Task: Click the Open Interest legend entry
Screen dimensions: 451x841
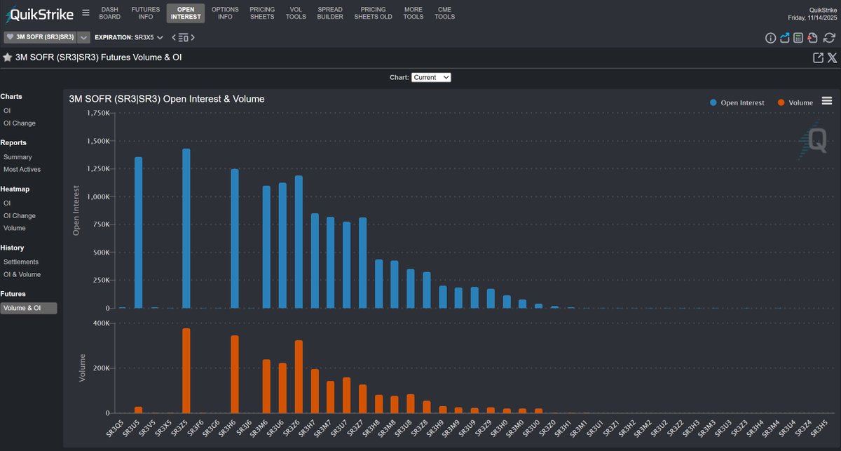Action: (x=737, y=102)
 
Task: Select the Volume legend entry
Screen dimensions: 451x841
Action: (x=795, y=102)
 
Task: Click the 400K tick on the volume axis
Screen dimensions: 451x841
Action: (x=99, y=323)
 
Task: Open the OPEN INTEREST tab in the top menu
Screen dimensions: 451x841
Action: (x=186, y=13)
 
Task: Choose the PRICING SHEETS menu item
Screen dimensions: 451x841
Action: (x=263, y=13)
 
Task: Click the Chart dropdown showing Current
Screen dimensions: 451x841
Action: (x=431, y=77)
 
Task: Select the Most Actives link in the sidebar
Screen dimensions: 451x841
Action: (x=22, y=170)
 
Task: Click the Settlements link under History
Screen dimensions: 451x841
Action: (x=21, y=262)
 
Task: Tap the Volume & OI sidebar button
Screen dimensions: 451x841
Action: (x=29, y=308)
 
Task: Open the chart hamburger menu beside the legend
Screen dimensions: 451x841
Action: (x=827, y=101)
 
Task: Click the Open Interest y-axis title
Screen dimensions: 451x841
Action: (x=77, y=210)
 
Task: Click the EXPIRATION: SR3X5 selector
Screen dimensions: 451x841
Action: (x=129, y=37)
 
